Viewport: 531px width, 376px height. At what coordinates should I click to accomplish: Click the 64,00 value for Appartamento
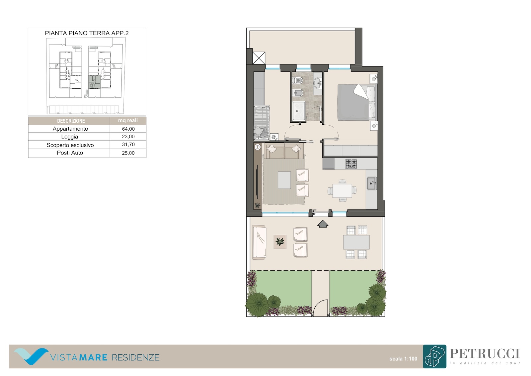(128, 129)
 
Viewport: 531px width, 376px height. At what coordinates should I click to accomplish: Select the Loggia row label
(69, 137)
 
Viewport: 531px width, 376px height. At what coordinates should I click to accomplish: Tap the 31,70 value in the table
(128, 144)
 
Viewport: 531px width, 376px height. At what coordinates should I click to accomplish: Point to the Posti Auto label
(70, 153)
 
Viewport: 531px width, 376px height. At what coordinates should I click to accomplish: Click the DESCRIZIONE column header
(71, 121)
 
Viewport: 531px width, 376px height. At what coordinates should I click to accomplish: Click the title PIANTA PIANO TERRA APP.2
(87, 33)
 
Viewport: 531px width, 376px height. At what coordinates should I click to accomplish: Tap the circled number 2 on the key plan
(92, 85)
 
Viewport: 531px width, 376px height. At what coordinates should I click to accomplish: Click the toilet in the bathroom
(297, 80)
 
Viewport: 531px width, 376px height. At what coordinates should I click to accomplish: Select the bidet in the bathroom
(298, 93)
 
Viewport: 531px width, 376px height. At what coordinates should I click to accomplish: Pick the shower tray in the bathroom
(299, 111)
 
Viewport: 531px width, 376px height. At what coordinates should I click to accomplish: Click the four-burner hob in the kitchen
(351, 164)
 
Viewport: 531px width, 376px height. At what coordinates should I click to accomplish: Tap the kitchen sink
(371, 184)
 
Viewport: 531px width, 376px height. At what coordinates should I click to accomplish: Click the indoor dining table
(342, 191)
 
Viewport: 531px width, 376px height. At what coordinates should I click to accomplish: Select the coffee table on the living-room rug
(284, 180)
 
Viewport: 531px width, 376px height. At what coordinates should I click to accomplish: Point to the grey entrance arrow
(323, 224)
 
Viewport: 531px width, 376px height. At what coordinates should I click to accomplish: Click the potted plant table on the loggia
(280, 242)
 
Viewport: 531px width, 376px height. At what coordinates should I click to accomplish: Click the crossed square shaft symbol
(259, 58)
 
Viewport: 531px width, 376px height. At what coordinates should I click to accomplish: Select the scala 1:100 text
(403, 359)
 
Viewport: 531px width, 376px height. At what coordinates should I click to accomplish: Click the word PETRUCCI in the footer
(485, 354)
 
